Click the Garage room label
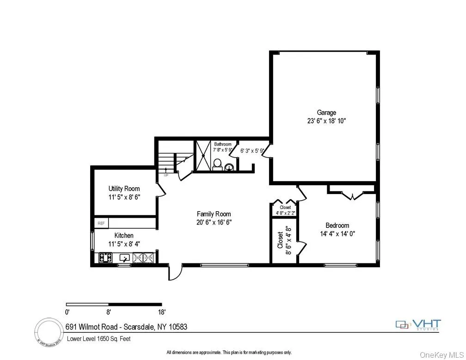326,112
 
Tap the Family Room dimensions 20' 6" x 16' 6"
214,222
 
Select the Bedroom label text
337,226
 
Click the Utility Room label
124,189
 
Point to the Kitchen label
124,236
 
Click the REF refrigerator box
101,223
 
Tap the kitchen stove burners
105,258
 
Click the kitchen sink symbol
125,258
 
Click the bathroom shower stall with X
201,155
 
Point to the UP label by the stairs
166,175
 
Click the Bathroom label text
222,144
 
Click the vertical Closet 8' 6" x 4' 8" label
284,237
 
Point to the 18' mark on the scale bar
161,311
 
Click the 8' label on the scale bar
109,311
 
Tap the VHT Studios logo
418,325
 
